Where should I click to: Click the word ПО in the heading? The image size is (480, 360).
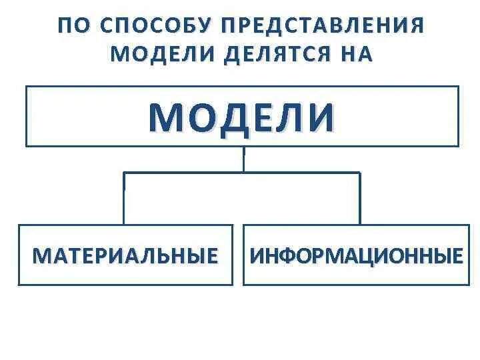tap(72, 26)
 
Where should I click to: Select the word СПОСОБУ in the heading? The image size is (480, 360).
tap(154, 26)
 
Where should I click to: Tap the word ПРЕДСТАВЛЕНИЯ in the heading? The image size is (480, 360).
tap(324, 26)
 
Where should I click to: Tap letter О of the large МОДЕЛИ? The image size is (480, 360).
tap(200, 117)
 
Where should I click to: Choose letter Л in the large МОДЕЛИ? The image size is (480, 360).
tap(294, 117)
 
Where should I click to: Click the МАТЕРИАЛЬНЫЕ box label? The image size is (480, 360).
tap(125, 256)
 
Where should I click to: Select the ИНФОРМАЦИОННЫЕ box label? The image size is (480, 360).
tap(356, 256)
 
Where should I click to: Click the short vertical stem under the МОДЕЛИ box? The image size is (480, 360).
tap(243, 159)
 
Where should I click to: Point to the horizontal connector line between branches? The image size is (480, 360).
tap(200, 173)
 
